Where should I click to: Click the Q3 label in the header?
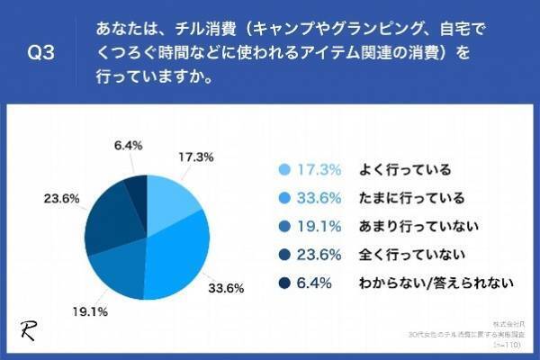pos(41,53)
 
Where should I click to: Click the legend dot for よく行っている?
pos(285,168)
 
